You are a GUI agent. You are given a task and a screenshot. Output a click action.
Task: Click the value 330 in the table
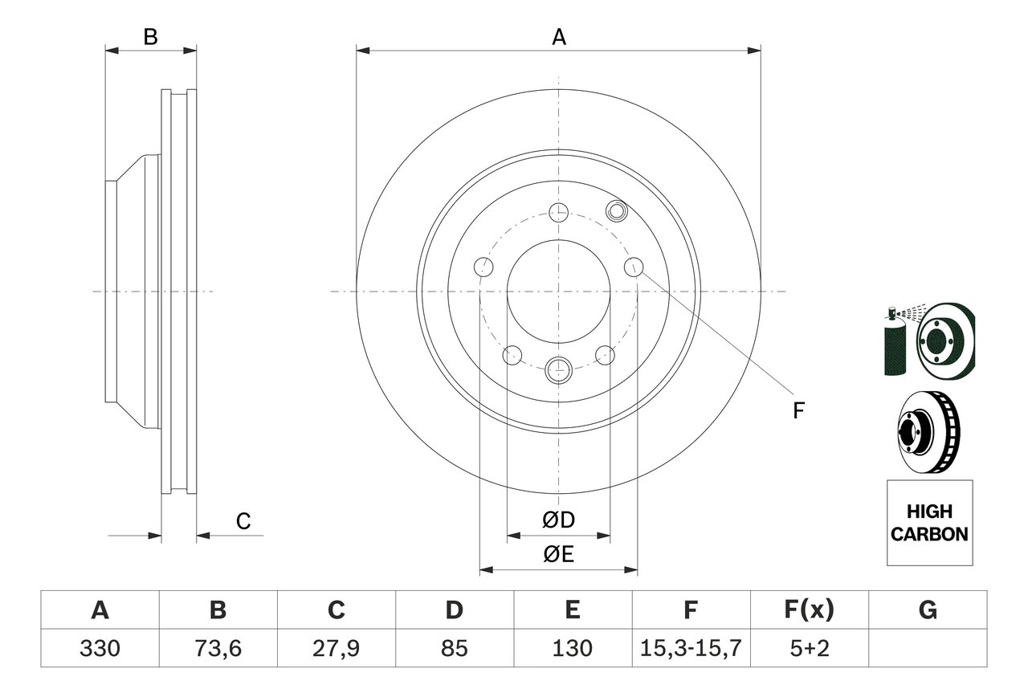pyautogui.click(x=100, y=648)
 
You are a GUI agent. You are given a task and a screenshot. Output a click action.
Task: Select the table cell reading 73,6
pyautogui.click(x=218, y=648)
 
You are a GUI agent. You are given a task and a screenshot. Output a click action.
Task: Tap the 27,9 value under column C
pyautogui.click(x=336, y=648)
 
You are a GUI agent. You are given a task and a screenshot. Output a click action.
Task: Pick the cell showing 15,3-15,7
pyautogui.click(x=691, y=648)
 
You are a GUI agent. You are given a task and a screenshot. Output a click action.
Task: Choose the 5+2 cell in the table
pyautogui.click(x=809, y=648)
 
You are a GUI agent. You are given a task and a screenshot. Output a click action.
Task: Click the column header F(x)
pyautogui.click(x=809, y=610)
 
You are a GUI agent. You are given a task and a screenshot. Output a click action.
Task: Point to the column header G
pyautogui.click(x=928, y=610)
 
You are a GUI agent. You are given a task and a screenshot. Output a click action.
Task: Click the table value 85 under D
pyautogui.click(x=454, y=648)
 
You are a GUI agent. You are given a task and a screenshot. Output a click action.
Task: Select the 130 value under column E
pyautogui.click(x=572, y=648)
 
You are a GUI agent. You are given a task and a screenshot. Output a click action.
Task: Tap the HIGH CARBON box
pyautogui.click(x=929, y=523)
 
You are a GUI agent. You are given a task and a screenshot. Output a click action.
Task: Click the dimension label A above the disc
pyautogui.click(x=558, y=37)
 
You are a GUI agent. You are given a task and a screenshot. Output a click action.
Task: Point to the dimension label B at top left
pyautogui.click(x=150, y=37)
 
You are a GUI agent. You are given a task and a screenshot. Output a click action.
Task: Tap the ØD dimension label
pyautogui.click(x=558, y=520)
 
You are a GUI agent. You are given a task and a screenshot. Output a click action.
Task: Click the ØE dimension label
pyautogui.click(x=558, y=555)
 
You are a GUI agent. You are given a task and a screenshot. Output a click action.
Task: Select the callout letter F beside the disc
pyautogui.click(x=798, y=410)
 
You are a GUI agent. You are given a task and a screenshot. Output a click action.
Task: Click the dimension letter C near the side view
pyautogui.click(x=243, y=521)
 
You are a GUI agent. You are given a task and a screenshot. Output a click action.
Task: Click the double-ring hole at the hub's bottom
pyautogui.click(x=558, y=369)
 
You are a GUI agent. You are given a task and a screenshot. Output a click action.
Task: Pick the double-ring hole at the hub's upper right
pyautogui.click(x=616, y=211)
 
